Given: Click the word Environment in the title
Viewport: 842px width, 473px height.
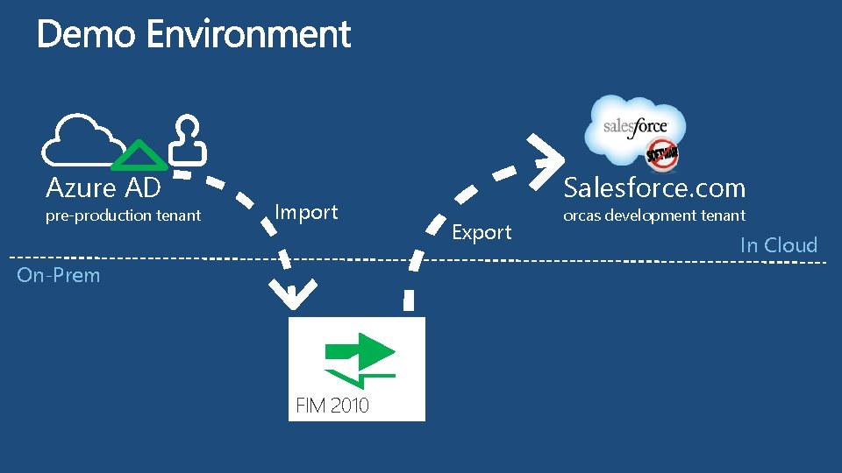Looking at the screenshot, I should coord(248,35).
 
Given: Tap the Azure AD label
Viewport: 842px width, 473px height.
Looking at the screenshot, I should coord(103,187).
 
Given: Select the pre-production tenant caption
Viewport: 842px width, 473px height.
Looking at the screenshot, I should coord(123,215).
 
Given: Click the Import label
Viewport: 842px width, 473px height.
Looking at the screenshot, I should coord(306,212).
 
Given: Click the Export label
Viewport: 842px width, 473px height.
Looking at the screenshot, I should coord(482,232).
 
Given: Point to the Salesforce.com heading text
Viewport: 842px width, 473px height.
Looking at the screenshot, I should coord(654,187).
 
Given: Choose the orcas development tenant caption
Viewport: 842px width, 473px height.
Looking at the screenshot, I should coord(653,215).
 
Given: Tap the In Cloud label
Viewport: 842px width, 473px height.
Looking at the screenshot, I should coord(778,245).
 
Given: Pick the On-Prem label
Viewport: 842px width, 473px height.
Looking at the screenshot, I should coord(59,275).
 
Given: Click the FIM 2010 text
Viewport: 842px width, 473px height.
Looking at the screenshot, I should coord(332,406).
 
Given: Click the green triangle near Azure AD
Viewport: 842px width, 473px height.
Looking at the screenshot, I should coord(139,156).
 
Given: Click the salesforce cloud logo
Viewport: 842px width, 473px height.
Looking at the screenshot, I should coord(633,127).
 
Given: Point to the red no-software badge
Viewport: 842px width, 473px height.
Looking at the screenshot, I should coord(663,155).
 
